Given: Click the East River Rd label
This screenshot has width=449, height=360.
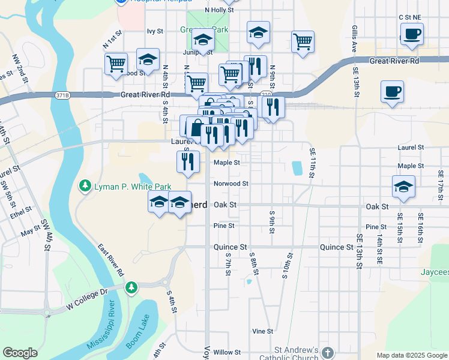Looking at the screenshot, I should pyautogui.click(x=112, y=260).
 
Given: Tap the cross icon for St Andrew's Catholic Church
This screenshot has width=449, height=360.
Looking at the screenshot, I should pyautogui.click(x=327, y=352).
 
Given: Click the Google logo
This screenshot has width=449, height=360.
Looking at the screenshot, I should pyautogui.click(x=20, y=353).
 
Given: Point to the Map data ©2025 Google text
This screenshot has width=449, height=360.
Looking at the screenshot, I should pyautogui.click(x=411, y=355).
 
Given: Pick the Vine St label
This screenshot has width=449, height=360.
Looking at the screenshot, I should pyautogui.click(x=262, y=331).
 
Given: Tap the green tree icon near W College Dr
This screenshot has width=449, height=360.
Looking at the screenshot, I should pyautogui.click(x=131, y=289).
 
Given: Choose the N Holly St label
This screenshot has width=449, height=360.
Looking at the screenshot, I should pyautogui.click(x=218, y=10).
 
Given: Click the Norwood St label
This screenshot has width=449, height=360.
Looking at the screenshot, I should pyautogui.click(x=231, y=184).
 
